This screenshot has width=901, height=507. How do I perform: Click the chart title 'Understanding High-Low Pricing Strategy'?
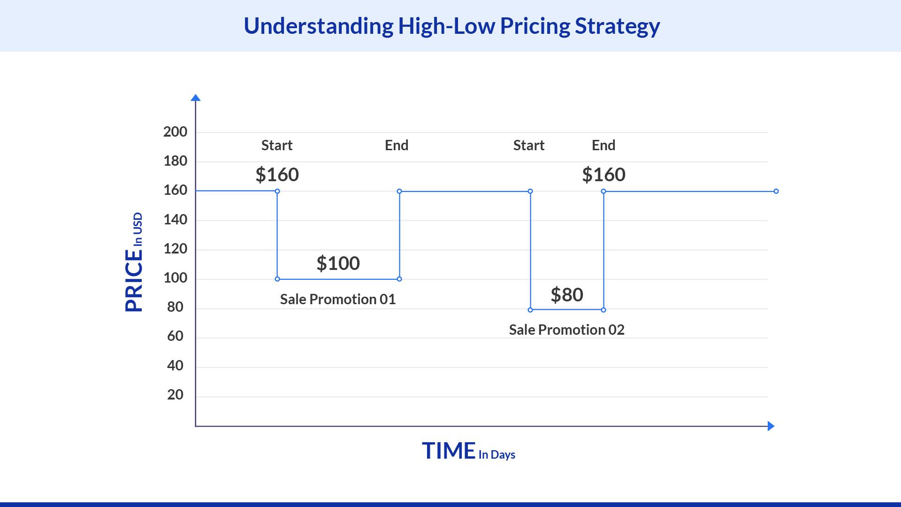coord(451,26)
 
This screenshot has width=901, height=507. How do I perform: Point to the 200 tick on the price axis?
coord(175,132)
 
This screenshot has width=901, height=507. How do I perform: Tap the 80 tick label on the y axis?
coord(175,307)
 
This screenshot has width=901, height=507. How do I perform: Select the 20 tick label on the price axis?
coord(175,395)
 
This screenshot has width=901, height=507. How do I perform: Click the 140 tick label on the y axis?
coord(175,220)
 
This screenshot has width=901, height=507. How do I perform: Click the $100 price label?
coord(338,263)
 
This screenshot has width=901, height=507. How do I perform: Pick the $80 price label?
coord(567,295)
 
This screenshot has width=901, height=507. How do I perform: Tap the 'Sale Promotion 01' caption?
coord(338,300)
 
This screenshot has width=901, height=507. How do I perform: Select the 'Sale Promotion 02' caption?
coord(566,330)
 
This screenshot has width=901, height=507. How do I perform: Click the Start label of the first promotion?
coord(277,146)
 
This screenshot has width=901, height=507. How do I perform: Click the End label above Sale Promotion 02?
coord(603,146)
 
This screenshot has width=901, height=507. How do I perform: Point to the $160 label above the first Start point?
coord(277,175)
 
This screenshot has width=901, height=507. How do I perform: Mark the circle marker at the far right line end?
coord(776,191)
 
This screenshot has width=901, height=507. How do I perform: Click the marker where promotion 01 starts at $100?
coord(277,279)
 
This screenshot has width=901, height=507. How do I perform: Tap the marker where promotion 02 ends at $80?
coord(603,310)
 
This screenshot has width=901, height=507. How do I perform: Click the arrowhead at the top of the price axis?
coord(196,98)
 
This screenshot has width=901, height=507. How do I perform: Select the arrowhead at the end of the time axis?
coord(771,426)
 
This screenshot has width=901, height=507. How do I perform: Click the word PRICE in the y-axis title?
coord(134,281)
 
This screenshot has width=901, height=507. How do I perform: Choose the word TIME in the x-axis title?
coord(449,451)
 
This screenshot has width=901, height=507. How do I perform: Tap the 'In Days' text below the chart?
coord(497,455)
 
